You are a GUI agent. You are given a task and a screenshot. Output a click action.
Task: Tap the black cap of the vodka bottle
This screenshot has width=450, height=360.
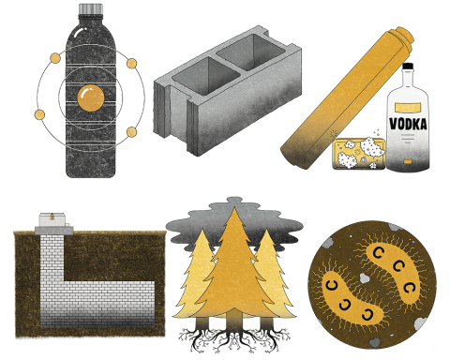tap(408, 69)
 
